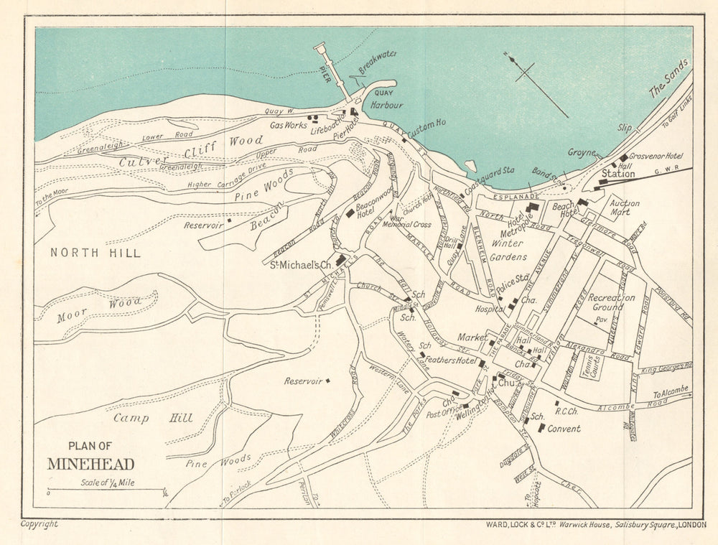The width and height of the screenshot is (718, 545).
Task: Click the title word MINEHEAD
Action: tap(90, 464)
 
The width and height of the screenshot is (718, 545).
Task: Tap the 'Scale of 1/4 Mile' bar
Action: tap(106, 490)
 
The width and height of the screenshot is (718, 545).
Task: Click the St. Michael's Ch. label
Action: tap(301, 265)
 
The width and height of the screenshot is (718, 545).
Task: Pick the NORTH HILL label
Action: tap(95, 253)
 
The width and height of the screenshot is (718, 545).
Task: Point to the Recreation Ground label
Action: tap(612, 302)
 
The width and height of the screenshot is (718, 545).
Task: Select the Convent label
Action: tap(564, 429)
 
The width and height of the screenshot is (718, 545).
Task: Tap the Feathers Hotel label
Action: tap(451, 360)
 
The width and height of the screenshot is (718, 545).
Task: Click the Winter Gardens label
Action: tap(509, 250)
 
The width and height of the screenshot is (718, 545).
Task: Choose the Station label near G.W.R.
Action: tap(618, 173)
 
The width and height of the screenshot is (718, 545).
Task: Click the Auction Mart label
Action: tap(625, 208)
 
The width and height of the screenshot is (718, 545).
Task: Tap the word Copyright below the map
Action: tap(39, 524)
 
